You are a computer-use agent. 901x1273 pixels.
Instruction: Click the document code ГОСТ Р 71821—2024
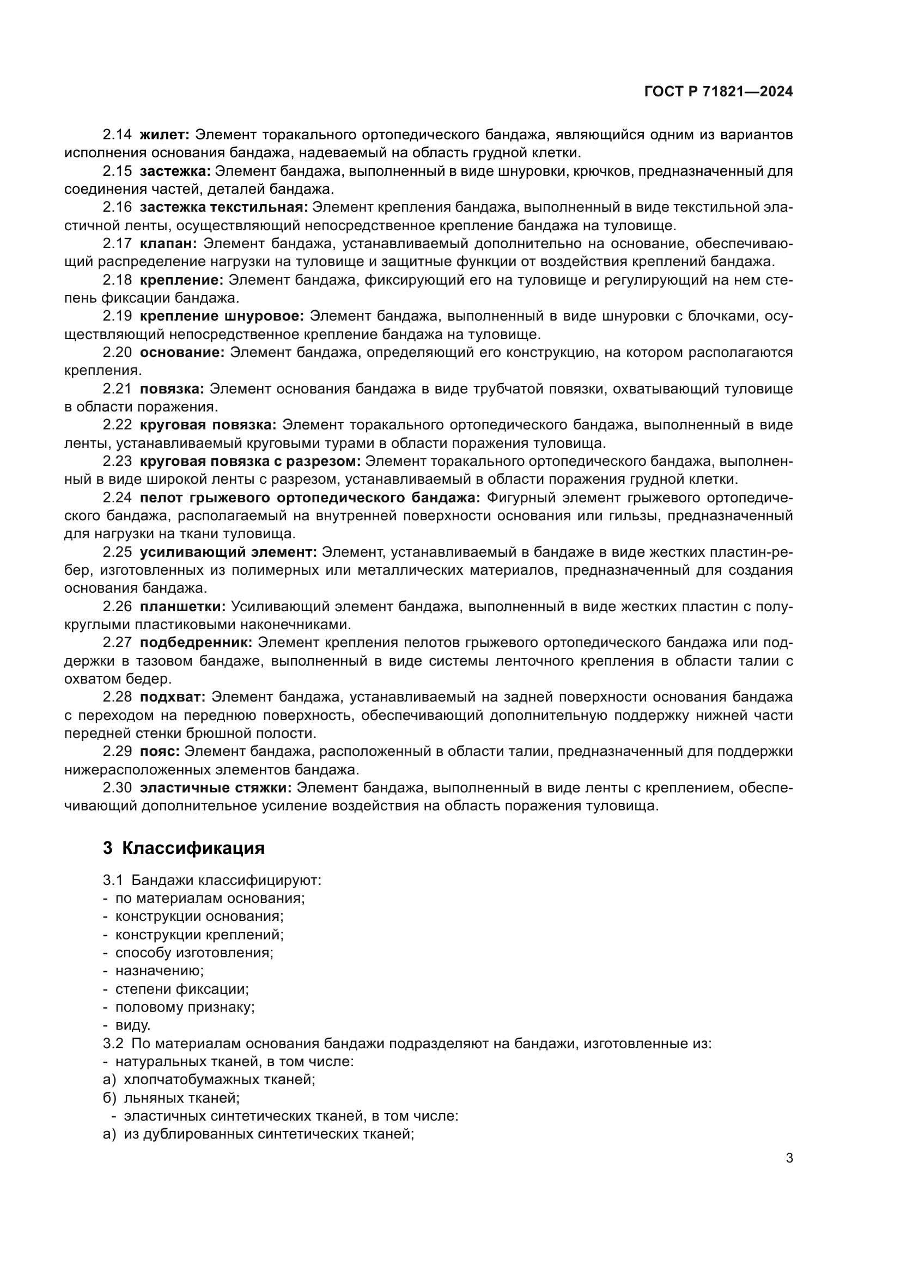[x=719, y=92]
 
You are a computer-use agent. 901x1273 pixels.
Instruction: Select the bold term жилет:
[x=164, y=135]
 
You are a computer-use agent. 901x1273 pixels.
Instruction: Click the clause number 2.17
[x=117, y=243]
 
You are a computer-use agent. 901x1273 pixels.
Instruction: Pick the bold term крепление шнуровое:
[x=221, y=316]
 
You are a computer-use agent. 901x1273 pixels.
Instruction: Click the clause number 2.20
[x=117, y=352]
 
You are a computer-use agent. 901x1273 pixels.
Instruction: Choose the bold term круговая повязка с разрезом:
[x=250, y=462]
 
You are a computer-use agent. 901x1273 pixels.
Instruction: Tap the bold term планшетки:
[x=182, y=606]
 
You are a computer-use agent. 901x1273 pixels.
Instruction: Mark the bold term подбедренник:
[x=196, y=643]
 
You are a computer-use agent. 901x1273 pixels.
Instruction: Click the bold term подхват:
[x=173, y=697]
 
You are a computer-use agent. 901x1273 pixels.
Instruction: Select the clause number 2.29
[x=117, y=751]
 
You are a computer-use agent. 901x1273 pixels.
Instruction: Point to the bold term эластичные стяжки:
[x=215, y=788]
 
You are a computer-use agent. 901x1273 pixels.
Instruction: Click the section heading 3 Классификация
[x=184, y=848]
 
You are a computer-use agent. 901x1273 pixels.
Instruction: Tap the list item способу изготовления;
[x=194, y=952]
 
